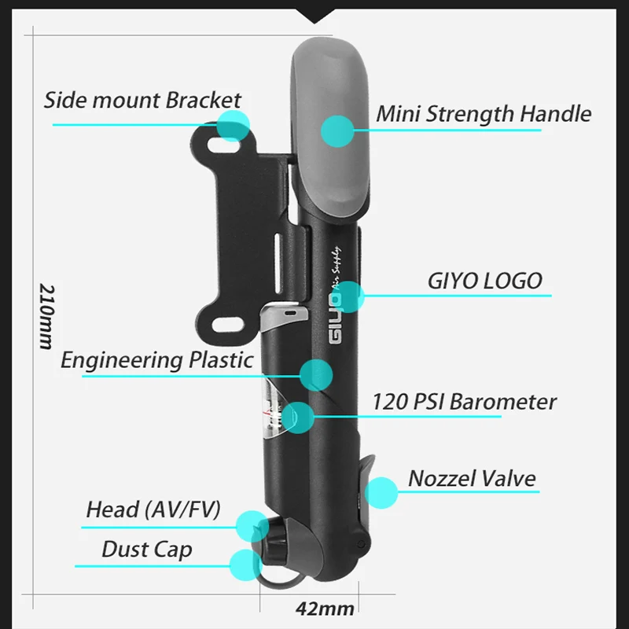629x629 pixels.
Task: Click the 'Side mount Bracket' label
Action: [142, 101]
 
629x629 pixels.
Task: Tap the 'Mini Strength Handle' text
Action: [483, 113]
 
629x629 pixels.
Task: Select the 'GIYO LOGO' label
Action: [484, 280]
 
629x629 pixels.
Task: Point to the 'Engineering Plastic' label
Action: [157, 360]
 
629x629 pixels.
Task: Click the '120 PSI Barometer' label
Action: [464, 402]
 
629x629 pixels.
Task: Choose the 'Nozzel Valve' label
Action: [472, 478]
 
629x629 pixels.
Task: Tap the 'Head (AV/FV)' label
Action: [153, 509]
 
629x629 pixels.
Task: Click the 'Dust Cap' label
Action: [146, 549]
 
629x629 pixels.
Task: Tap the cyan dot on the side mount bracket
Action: [233, 125]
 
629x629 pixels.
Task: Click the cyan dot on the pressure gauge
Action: [299, 417]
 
